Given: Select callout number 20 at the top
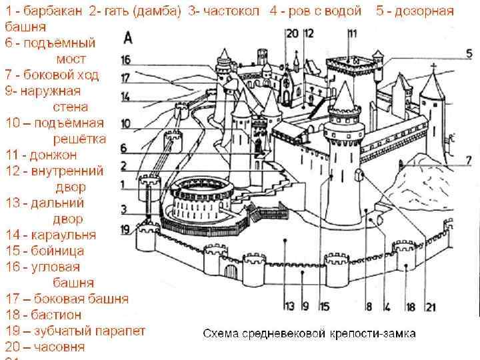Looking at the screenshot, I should pyautogui.click(x=292, y=33).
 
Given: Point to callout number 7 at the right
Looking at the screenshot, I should pyautogui.click(x=469, y=160).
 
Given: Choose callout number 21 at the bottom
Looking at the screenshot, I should pyautogui.click(x=431, y=307).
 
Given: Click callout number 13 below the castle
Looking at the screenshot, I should pyautogui.click(x=289, y=307).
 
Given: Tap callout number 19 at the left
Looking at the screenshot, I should pyautogui.click(x=127, y=230).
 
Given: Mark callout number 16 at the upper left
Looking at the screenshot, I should pyautogui.click(x=127, y=60).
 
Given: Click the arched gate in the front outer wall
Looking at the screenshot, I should pyautogui.click(x=231, y=271).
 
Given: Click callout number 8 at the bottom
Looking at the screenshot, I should pyautogui.click(x=368, y=307).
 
